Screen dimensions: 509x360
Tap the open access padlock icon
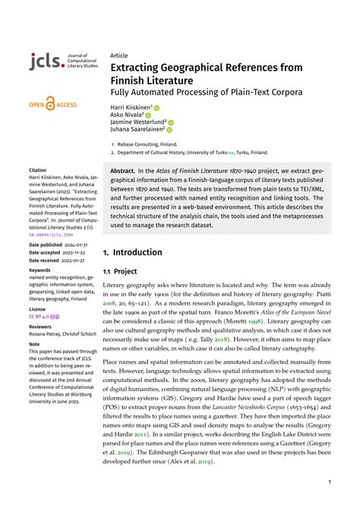(50, 103)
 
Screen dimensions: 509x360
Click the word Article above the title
(118, 55)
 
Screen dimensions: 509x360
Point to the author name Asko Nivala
(128, 114)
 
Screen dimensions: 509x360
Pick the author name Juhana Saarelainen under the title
(137, 128)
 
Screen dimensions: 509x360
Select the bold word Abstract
(122, 172)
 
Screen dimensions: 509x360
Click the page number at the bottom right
(329, 481)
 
